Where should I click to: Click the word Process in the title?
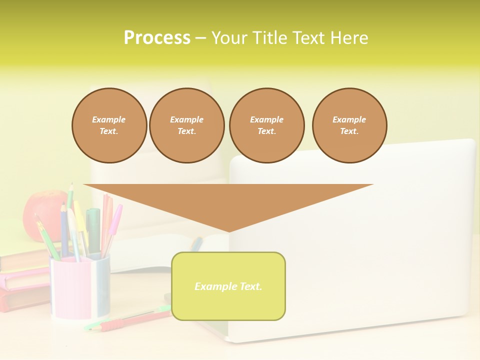[157, 38]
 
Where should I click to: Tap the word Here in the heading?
[349, 38]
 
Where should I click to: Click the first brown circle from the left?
[109, 125]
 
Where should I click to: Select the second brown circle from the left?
[186, 125]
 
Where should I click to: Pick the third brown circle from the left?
[266, 125]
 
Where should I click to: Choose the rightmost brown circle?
[349, 125]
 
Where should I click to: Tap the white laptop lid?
[380, 240]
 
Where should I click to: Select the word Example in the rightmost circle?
[349, 119]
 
